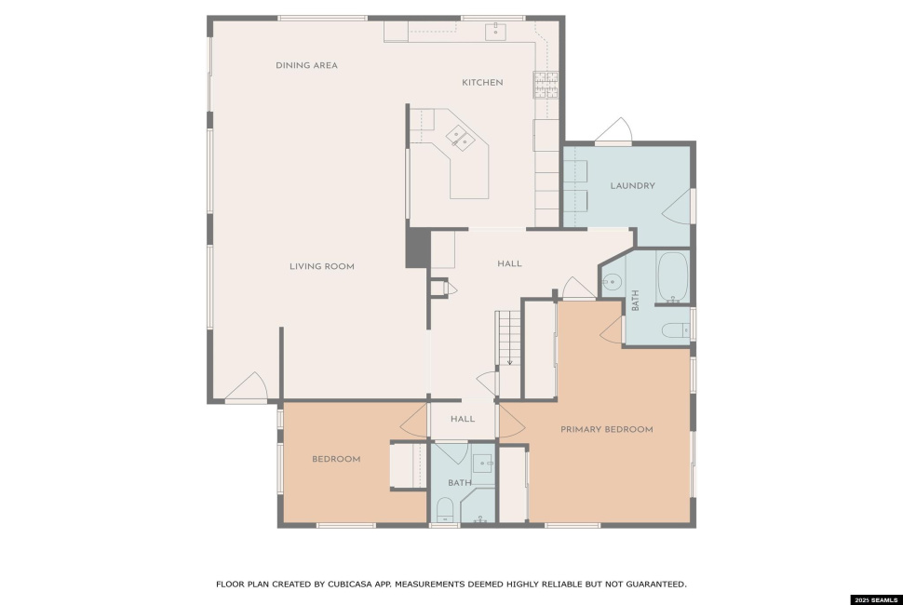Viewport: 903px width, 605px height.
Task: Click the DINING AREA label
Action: (306, 65)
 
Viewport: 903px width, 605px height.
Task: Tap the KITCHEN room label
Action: (482, 83)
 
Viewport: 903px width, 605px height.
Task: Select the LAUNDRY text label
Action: (632, 185)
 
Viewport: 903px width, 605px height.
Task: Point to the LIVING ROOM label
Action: (321, 266)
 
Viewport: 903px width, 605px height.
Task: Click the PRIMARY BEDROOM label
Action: (606, 429)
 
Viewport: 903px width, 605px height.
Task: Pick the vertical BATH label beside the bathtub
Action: (636, 301)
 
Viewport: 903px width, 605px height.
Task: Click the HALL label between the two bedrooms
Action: (463, 419)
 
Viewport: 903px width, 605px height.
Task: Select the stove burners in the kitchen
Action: (545, 85)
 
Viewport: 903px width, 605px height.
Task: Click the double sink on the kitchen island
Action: (462, 139)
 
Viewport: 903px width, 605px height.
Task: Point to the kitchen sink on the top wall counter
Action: (496, 31)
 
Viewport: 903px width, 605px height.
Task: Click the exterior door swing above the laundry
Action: (614, 132)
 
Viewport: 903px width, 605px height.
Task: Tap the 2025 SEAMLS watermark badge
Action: (875, 598)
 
